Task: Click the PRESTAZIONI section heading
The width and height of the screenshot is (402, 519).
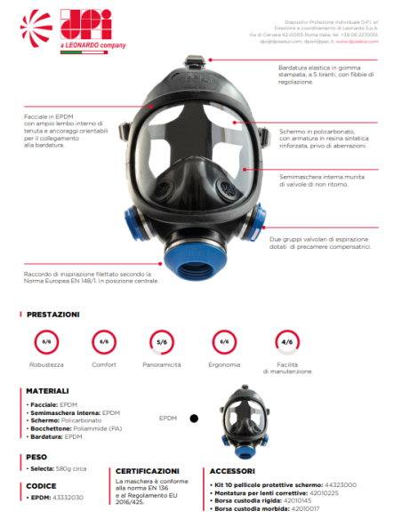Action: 53,315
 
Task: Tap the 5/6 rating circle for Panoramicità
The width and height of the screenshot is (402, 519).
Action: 162,342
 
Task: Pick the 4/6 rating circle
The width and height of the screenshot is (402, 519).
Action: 285,342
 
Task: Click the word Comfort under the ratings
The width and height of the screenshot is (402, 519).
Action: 104,364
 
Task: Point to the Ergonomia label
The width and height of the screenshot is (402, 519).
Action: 223,364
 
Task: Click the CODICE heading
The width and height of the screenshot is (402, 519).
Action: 42,486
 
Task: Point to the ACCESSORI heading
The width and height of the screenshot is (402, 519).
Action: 235,471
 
